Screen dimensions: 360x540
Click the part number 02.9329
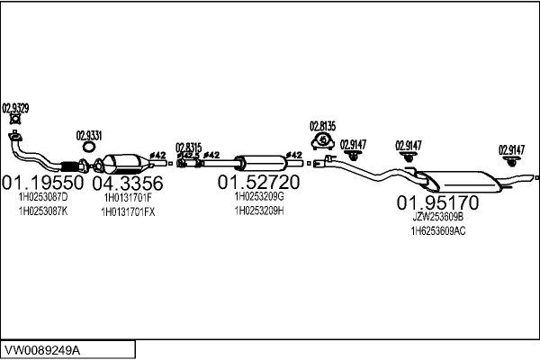pos(16,108)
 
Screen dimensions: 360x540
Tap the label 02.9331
pos(89,136)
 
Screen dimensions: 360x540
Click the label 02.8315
pos(189,147)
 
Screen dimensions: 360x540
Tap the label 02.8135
pos(322,125)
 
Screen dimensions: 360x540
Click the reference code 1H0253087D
pos(43,197)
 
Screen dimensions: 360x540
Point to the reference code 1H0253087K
pos(43,211)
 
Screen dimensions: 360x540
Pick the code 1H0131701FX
pos(130,211)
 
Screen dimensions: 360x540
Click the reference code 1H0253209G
pos(259,196)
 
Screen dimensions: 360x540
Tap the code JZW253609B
pos(437,216)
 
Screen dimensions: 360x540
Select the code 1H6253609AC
pos(438,230)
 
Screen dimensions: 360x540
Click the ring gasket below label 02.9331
pos(90,148)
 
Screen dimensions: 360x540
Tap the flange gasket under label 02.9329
pos(15,120)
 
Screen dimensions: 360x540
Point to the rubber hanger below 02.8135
pos(322,140)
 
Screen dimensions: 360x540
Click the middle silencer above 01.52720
pos(256,163)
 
